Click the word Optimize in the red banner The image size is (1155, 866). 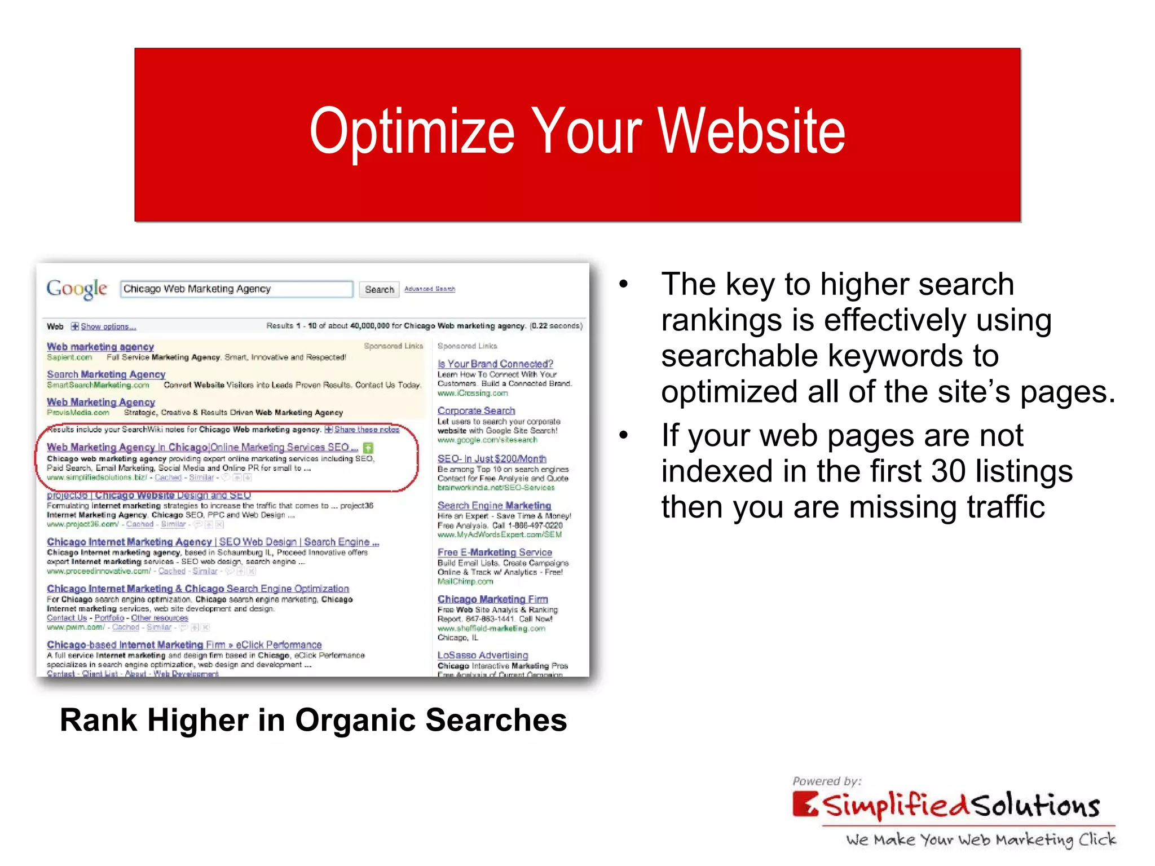tap(412, 132)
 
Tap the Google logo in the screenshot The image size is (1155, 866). tap(77, 289)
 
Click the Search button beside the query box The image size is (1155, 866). tap(379, 289)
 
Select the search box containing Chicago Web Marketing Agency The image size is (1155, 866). tap(236, 289)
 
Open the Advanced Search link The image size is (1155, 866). tap(429, 289)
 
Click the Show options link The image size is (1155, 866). tap(108, 326)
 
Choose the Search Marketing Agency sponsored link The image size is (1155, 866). tap(106, 374)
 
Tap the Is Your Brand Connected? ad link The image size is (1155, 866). tap(495, 364)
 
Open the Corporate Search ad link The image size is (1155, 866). tap(476, 411)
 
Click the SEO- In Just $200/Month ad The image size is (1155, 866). tap(492, 459)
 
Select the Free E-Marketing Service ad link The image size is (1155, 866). tap(495, 553)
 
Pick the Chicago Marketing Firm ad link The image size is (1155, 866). tap(492, 599)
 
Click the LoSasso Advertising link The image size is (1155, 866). tap(483, 655)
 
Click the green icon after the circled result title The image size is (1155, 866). tap(368, 448)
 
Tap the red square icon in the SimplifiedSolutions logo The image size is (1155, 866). tap(805, 805)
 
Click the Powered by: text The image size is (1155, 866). tap(827, 781)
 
